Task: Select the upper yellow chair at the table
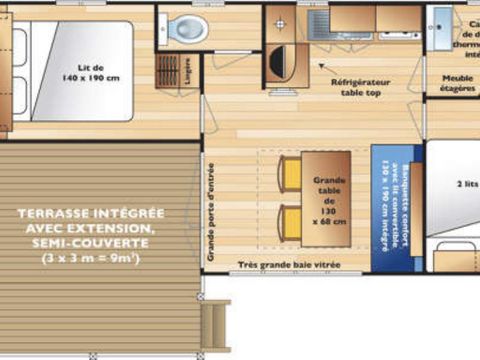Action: click(x=289, y=176)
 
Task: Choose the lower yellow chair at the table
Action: click(x=289, y=221)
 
